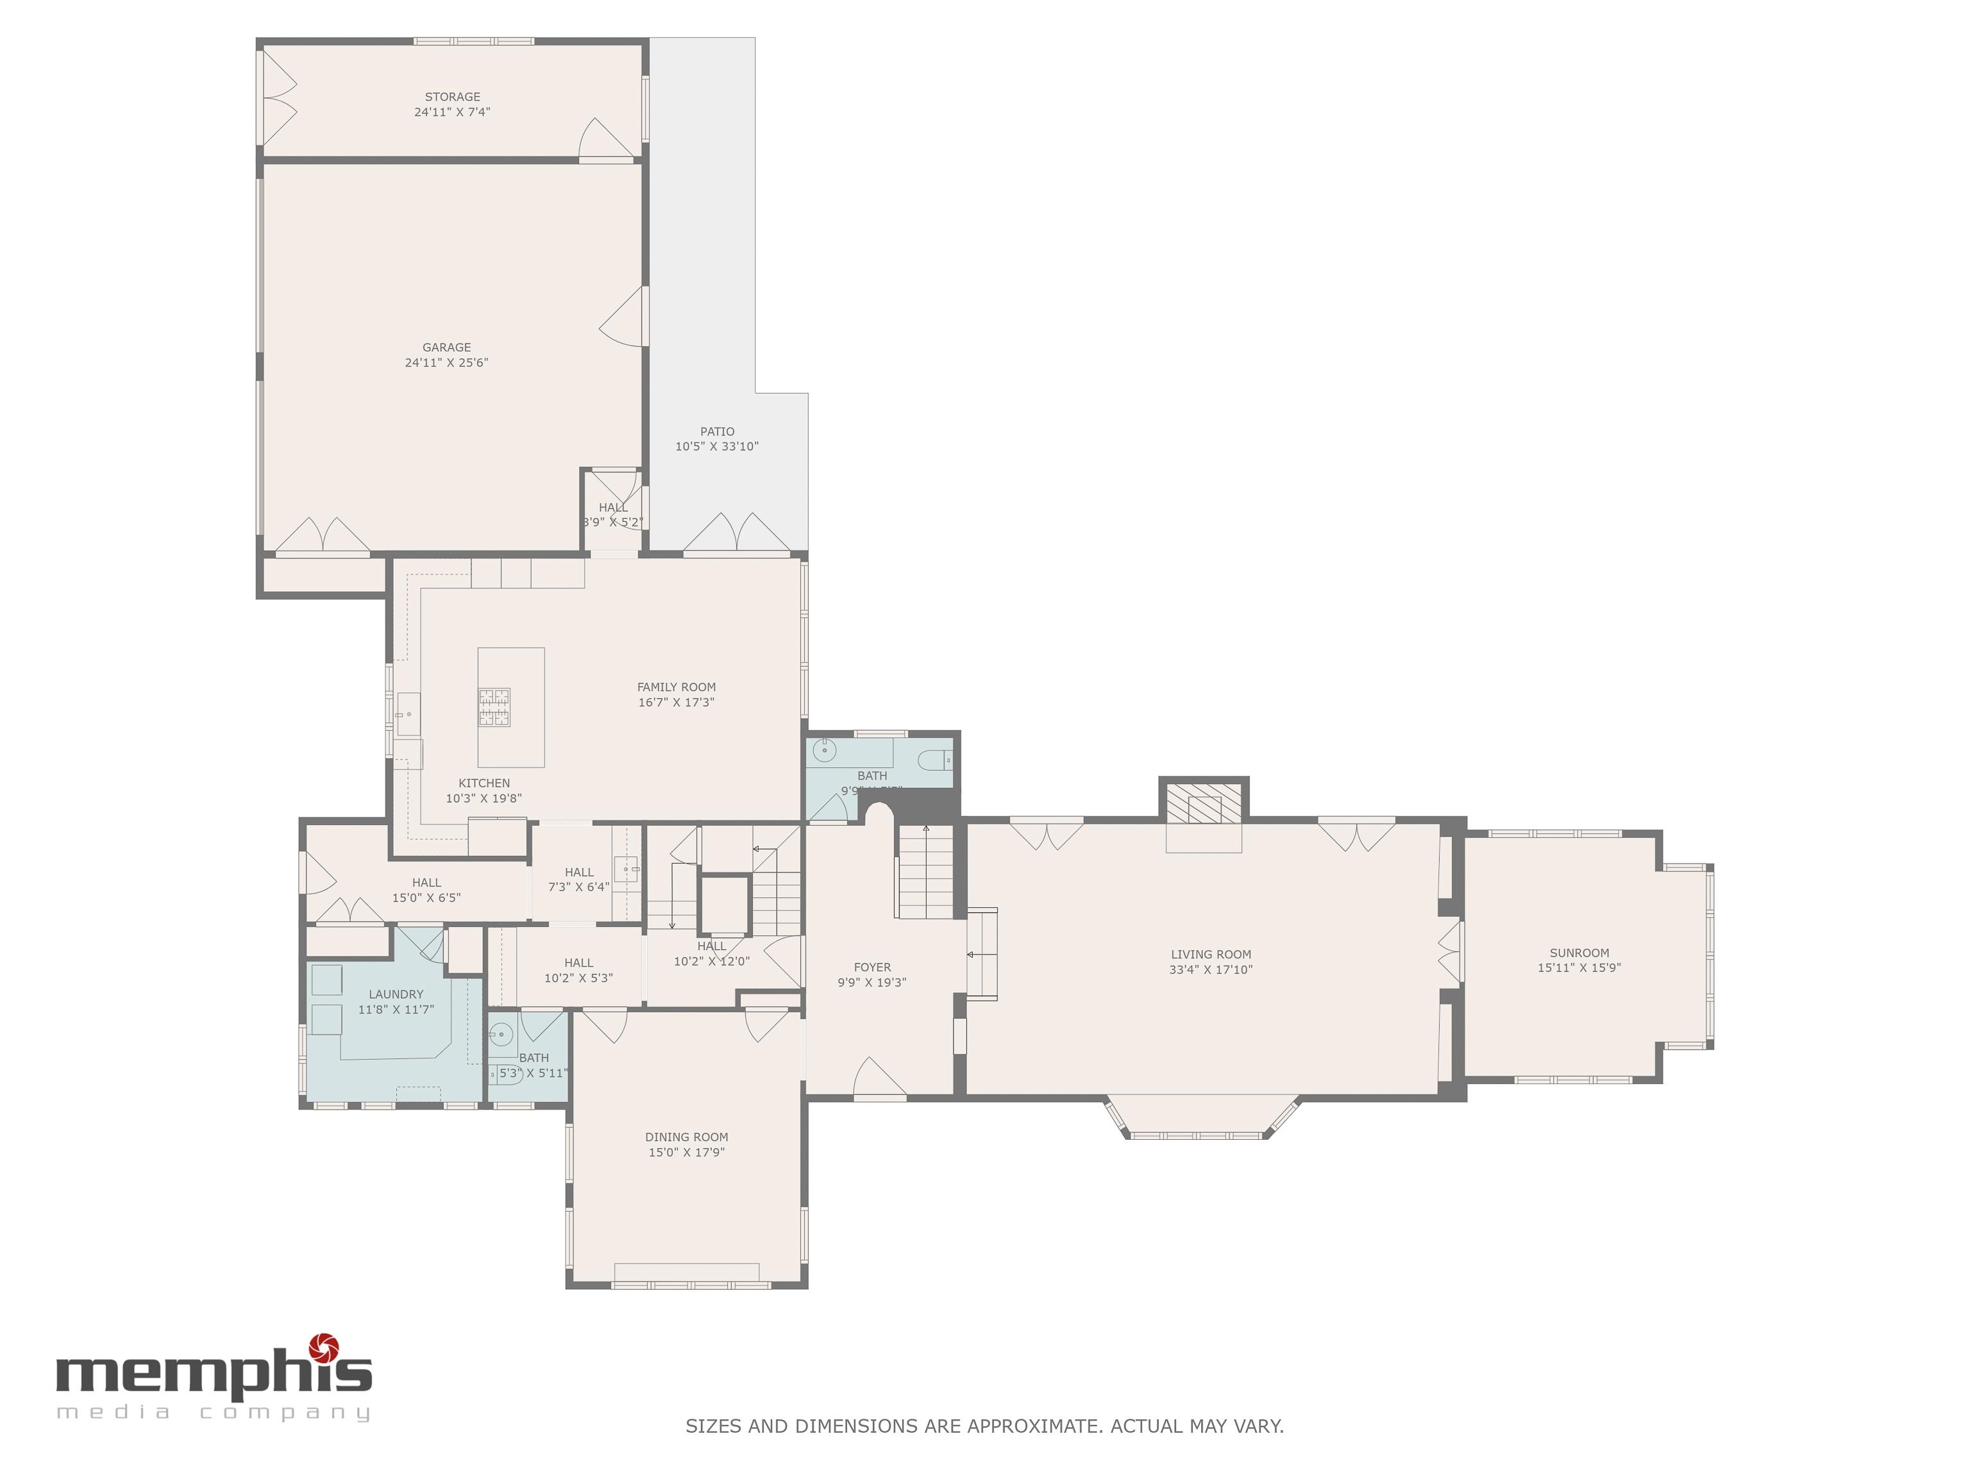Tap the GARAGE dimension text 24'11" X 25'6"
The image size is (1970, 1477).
tap(446, 362)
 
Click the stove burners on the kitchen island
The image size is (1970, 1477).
tap(494, 708)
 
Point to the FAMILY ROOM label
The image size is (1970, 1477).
tap(676, 687)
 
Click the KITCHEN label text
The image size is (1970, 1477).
tap(484, 783)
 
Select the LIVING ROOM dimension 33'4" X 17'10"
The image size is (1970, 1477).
tap(1210, 969)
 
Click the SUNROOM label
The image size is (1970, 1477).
tap(1579, 953)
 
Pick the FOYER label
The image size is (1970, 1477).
tap(872, 967)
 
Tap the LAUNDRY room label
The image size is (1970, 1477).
tap(396, 994)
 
